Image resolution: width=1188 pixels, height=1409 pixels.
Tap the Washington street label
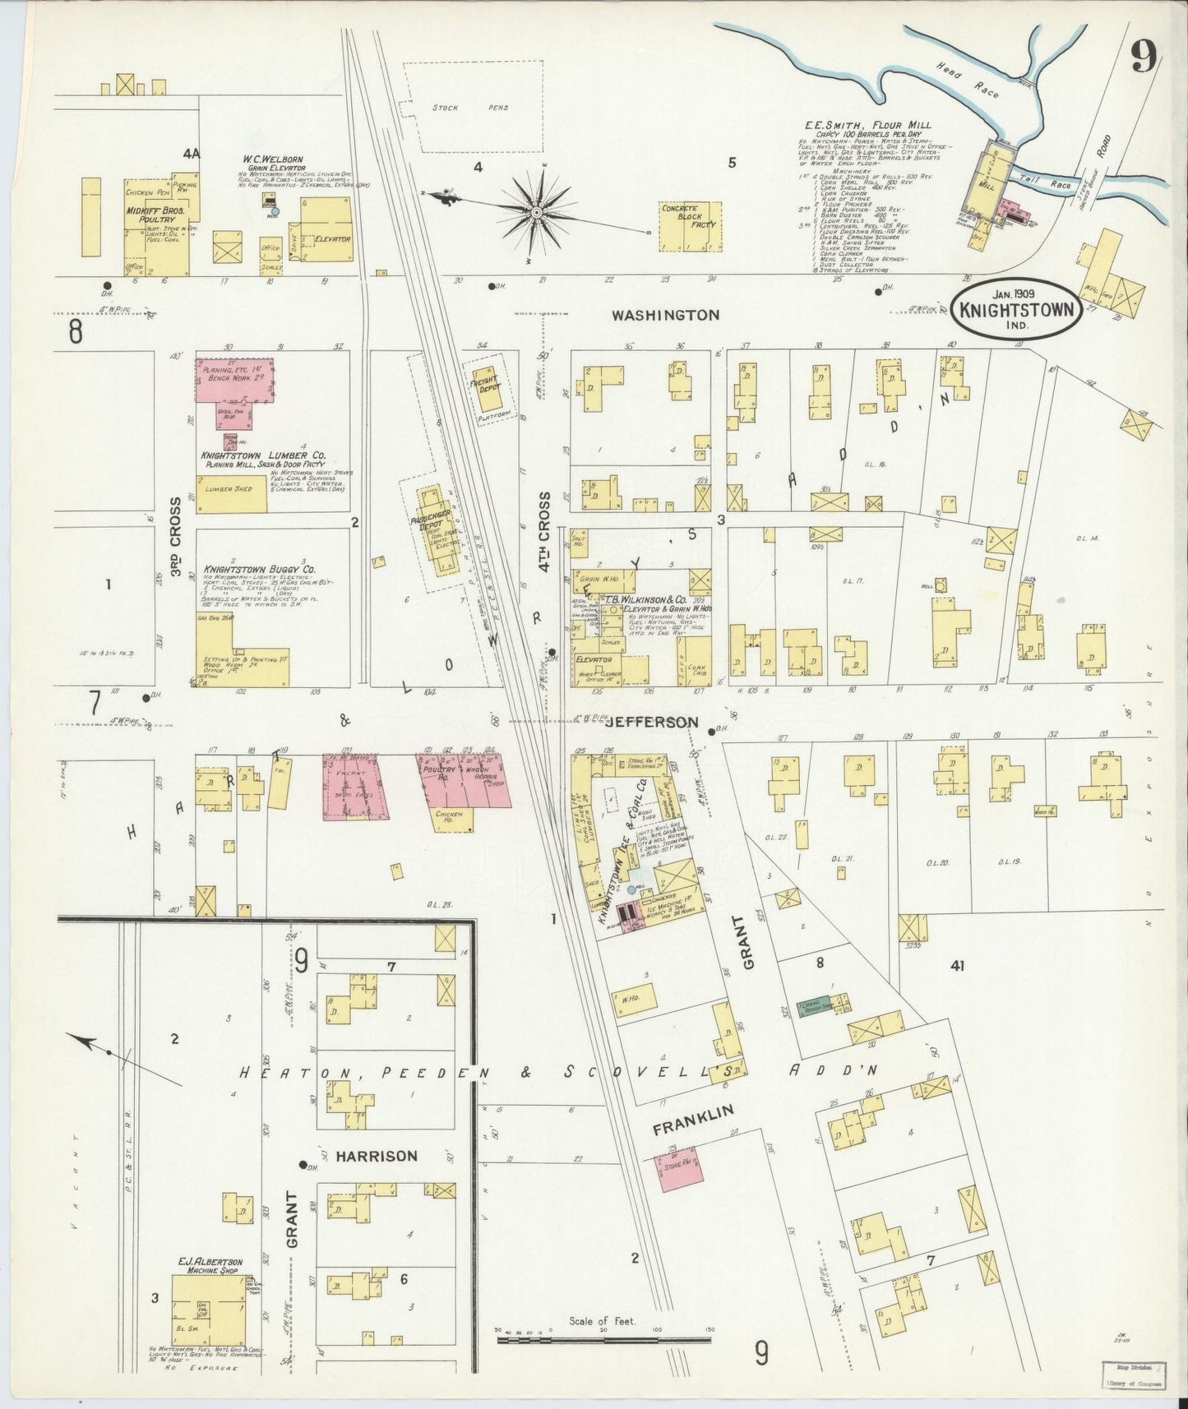(665, 314)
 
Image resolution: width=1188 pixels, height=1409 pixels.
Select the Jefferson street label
(646, 722)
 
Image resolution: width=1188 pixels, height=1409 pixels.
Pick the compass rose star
(536, 212)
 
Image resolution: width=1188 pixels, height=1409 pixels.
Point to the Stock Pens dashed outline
(482, 107)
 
